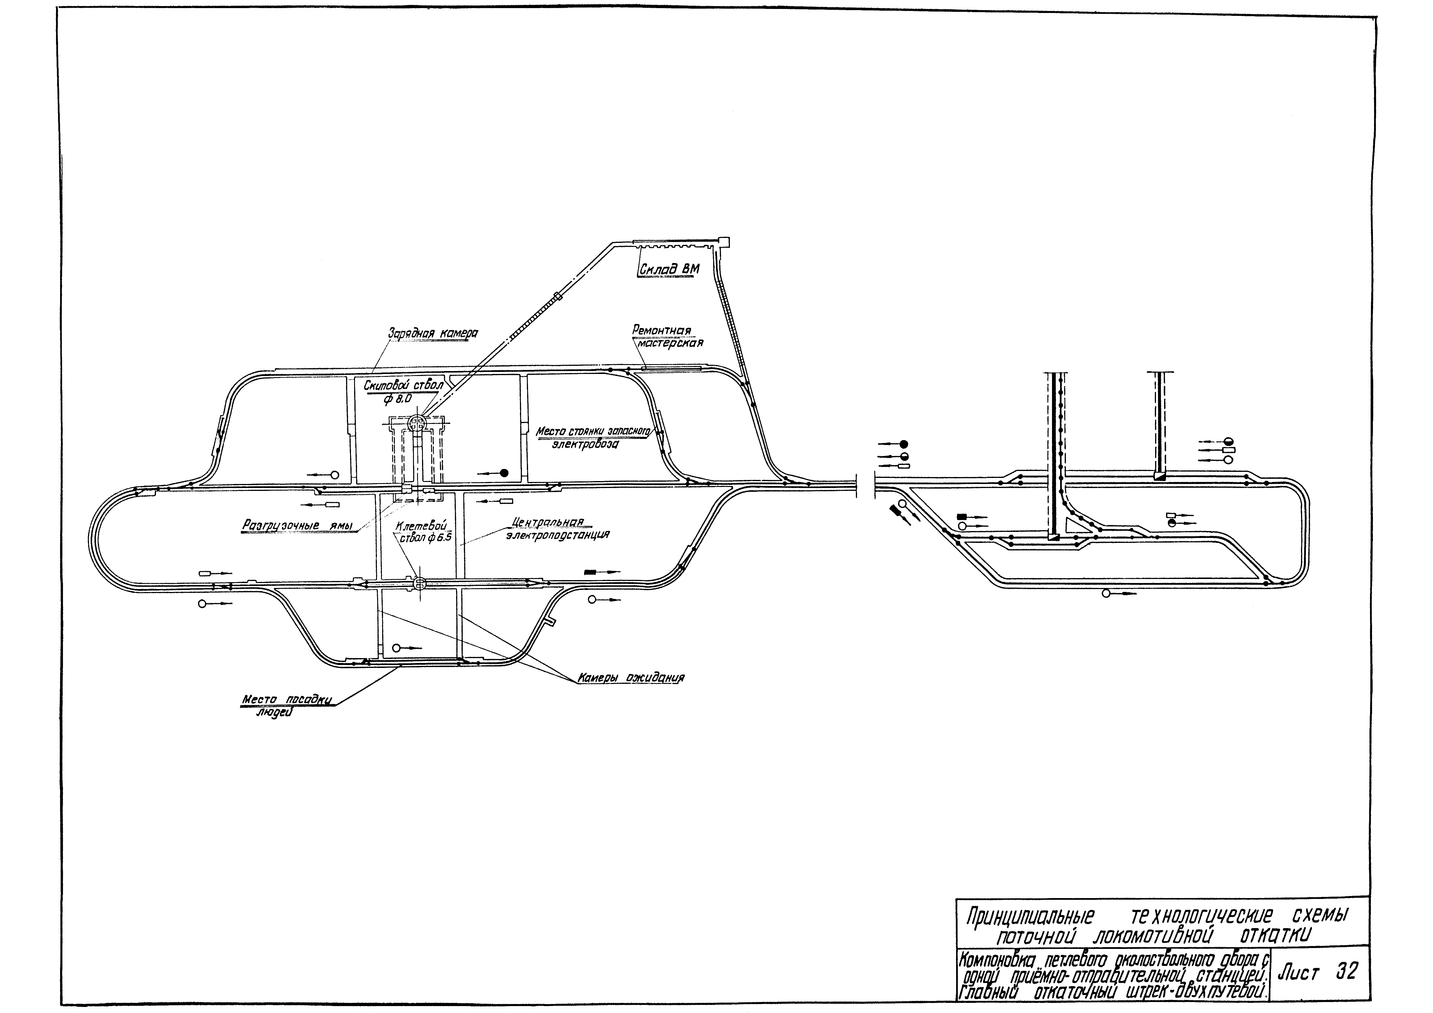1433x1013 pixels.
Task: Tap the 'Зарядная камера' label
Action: pos(432,334)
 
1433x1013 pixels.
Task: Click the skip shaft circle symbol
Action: pos(417,424)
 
